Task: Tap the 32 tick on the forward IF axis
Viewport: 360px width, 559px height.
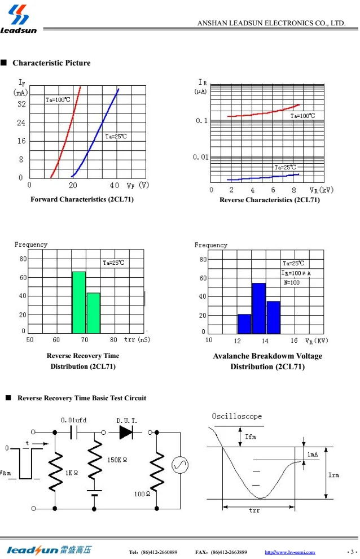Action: pos(21,104)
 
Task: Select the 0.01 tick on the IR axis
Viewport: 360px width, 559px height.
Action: pos(200,156)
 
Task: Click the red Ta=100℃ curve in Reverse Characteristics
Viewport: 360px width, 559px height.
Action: pos(265,112)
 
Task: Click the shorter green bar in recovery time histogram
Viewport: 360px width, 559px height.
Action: pos(93,313)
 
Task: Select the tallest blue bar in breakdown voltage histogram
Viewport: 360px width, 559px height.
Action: pos(259,308)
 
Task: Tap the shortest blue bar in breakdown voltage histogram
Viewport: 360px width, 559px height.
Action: pos(244,324)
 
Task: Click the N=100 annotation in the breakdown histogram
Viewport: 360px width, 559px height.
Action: pos(292,282)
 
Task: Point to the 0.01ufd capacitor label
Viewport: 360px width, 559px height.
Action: pos(73,420)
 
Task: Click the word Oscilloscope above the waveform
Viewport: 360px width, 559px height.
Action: pos(237,416)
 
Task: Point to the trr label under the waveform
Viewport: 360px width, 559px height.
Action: pos(254,510)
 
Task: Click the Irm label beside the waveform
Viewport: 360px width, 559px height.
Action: pos(334,475)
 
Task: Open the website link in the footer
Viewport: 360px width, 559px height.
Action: pos(290,552)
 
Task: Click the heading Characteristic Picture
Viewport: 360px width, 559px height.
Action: pos(51,63)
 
